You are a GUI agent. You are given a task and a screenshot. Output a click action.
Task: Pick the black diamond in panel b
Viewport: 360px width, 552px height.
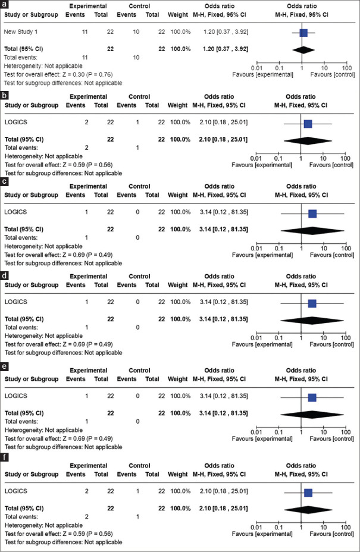[x=308, y=139]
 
